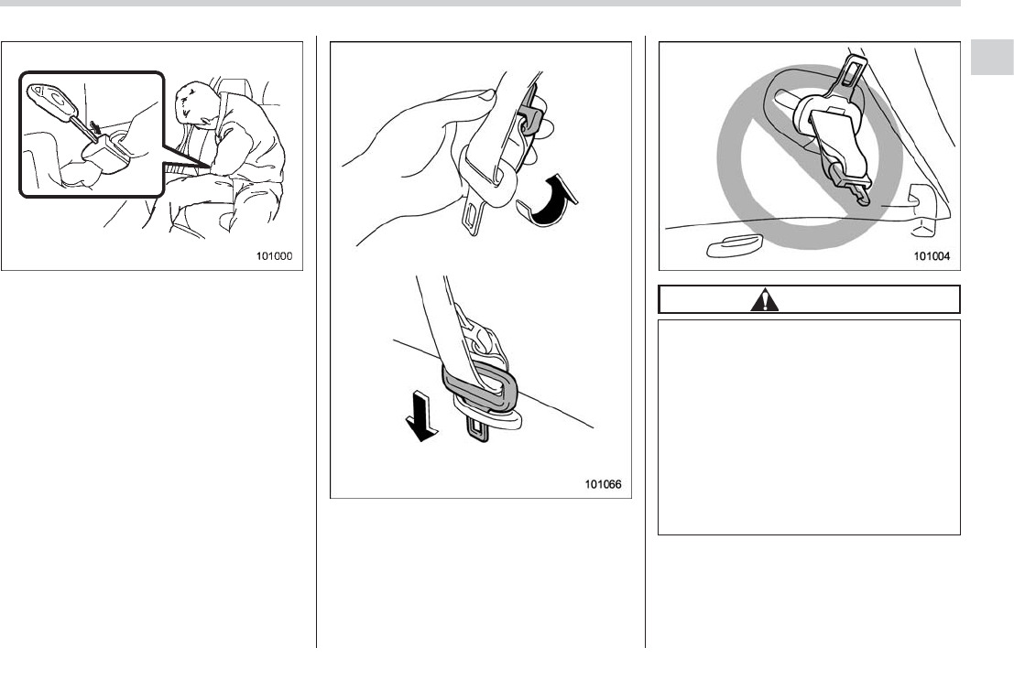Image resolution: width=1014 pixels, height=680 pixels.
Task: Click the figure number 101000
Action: (274, 256)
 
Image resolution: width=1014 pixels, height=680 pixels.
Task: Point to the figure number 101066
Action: (604, 484)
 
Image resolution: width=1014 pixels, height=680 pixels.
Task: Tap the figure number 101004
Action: (932, 256)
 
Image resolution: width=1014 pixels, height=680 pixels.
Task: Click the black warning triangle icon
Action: (764, 300)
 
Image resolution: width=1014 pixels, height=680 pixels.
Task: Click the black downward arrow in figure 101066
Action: (421, 419)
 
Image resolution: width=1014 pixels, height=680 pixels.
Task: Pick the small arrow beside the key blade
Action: (95, 128)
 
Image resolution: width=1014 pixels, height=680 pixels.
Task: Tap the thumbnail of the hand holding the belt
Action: (484, 96)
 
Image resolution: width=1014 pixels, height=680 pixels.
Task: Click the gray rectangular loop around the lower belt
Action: (480, 388)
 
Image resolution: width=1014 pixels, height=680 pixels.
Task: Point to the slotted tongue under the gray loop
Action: (477, 428)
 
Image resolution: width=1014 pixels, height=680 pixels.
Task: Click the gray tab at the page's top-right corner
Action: (992, 58)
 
